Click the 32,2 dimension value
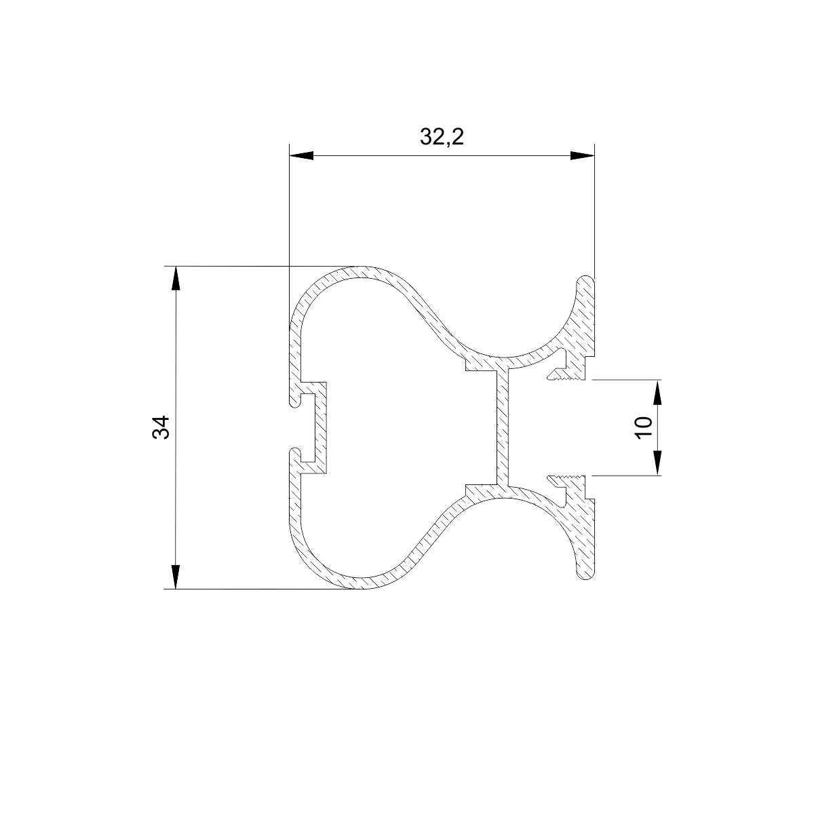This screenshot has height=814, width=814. point(442,137)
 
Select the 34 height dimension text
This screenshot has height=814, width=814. point(161,427)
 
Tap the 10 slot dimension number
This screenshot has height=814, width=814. point(643,427)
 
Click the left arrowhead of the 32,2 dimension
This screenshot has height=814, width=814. point(301,155)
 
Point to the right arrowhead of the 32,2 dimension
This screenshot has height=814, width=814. point(582,155)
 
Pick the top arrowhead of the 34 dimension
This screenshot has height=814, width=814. point(176,278)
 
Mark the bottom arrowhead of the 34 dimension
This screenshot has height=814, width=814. point(176,577)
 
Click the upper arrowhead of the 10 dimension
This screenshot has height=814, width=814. point(658,392)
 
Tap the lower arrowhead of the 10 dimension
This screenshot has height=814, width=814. point(658,463)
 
